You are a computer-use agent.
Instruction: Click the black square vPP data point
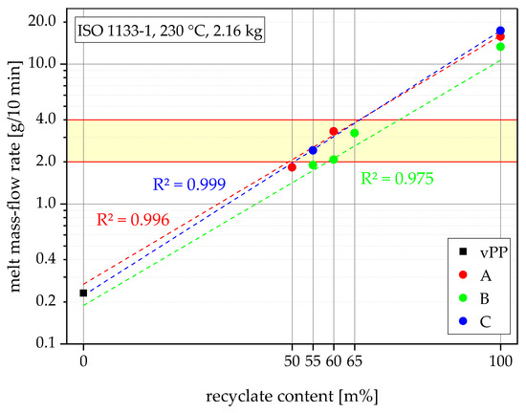(x=83, y=293)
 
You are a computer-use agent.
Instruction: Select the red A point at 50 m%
(x=292, y=167)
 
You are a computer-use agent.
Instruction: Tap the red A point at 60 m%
(x=334, y=132)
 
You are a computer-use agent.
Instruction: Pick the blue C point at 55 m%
(x=313, y=150)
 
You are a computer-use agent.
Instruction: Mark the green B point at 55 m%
(x=313, y=165)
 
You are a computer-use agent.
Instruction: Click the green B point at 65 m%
(x=355, y=133)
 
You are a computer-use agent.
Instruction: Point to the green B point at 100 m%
(x=500, y=47)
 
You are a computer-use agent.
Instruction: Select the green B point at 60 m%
(x=334, y=160)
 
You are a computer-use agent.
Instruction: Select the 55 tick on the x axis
(x=313, y=360)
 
